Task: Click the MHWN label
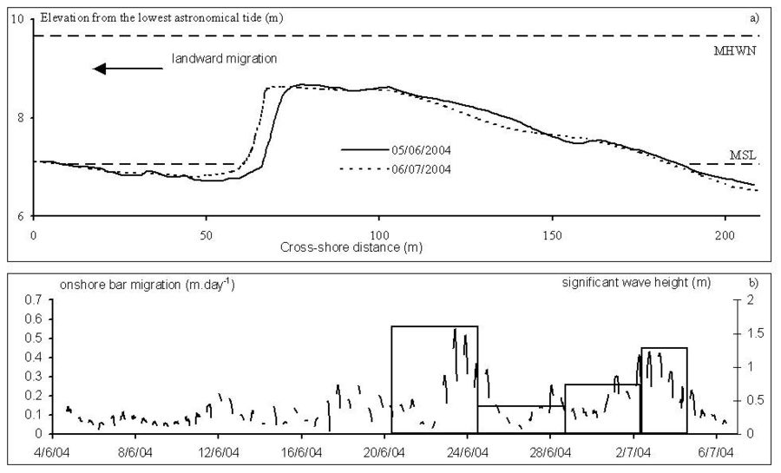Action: pos(742,50)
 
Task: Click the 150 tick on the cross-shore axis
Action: pos(551,235)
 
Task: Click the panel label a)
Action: pos(754,17)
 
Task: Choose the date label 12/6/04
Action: pos(220,451)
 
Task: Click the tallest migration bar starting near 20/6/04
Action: pos(434,379)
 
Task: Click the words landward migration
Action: pos(223,59)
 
